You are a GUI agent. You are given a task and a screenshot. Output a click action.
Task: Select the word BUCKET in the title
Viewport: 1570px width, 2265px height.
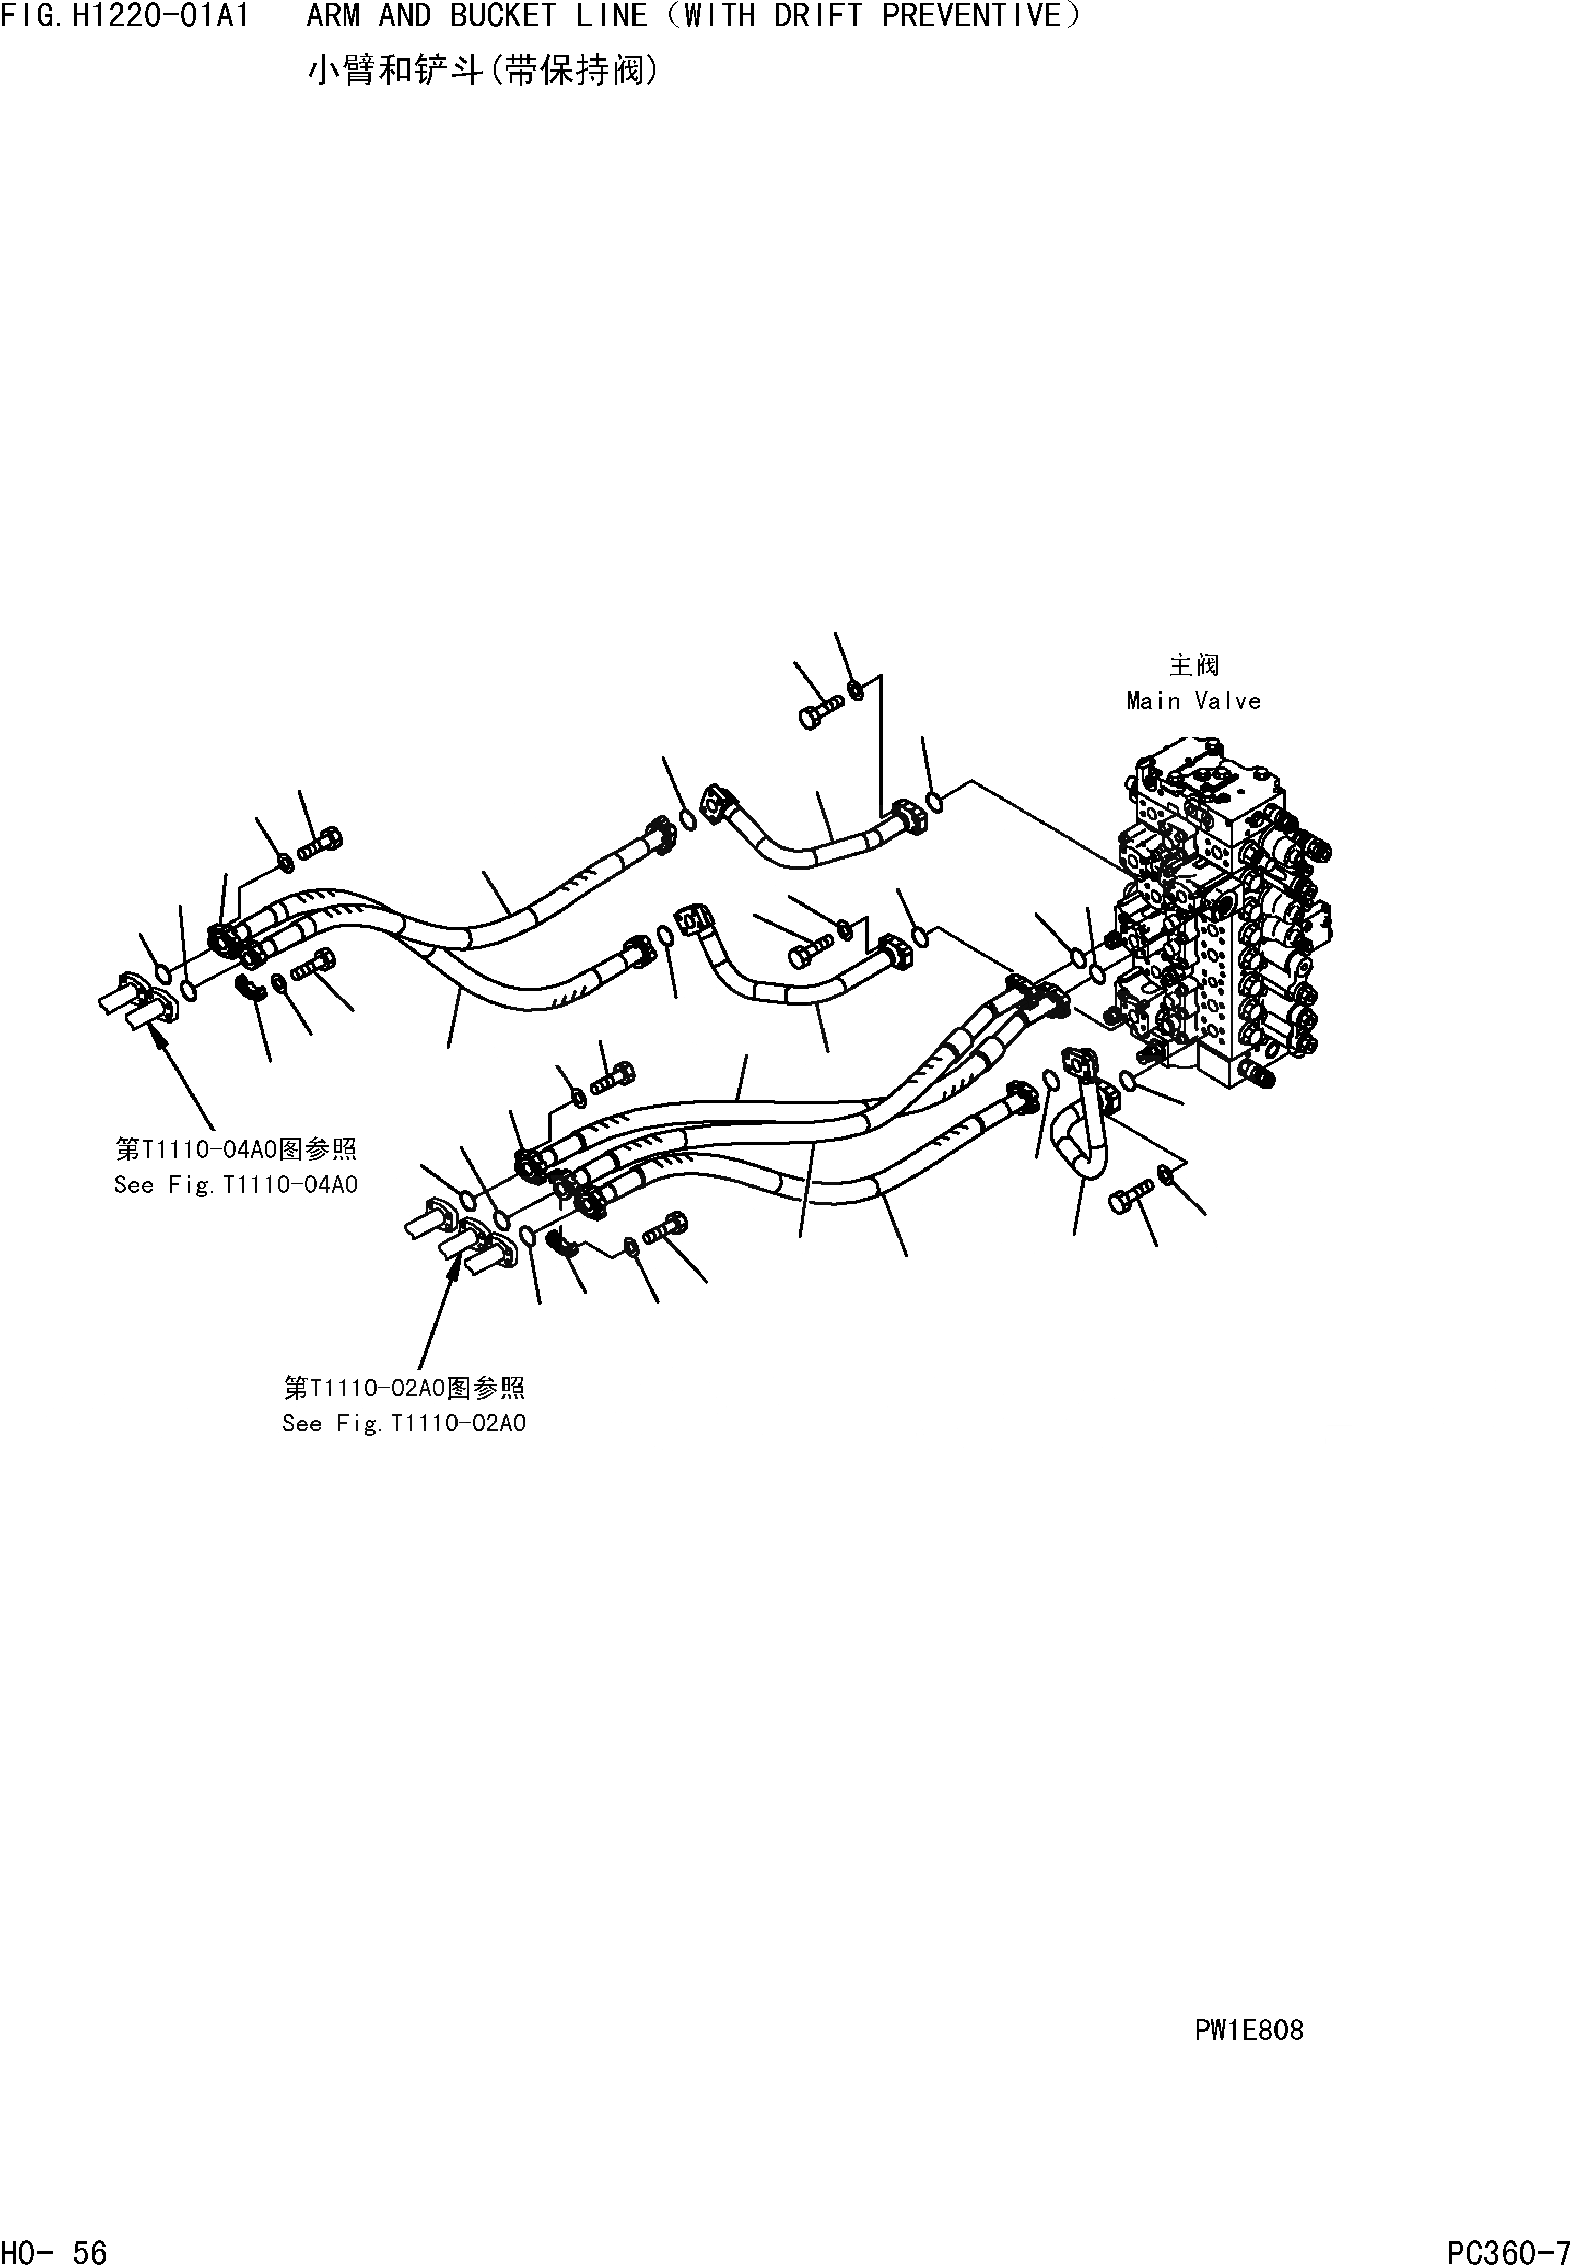(x=502, y=17)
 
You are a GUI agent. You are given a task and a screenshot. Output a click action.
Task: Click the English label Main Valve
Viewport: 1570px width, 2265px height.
(x=1193, y=701)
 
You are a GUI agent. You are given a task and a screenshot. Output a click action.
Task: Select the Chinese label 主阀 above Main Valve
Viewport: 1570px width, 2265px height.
(x=1193, y=666)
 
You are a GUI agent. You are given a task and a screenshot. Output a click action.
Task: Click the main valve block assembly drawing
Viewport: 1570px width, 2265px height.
(x=1220, y=914)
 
